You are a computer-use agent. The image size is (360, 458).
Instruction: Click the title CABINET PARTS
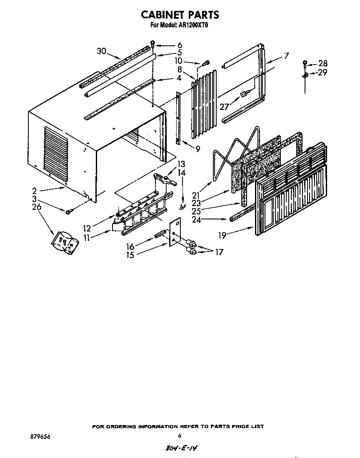coord(180,15)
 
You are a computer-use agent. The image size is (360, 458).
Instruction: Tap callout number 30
coord(101,51)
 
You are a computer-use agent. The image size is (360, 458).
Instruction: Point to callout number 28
coord(323,64)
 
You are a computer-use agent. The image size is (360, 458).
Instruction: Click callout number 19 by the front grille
coord(222,235)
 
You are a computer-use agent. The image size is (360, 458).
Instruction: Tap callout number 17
coord(219,252)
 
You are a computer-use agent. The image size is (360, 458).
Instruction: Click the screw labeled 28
coord(305,63)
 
